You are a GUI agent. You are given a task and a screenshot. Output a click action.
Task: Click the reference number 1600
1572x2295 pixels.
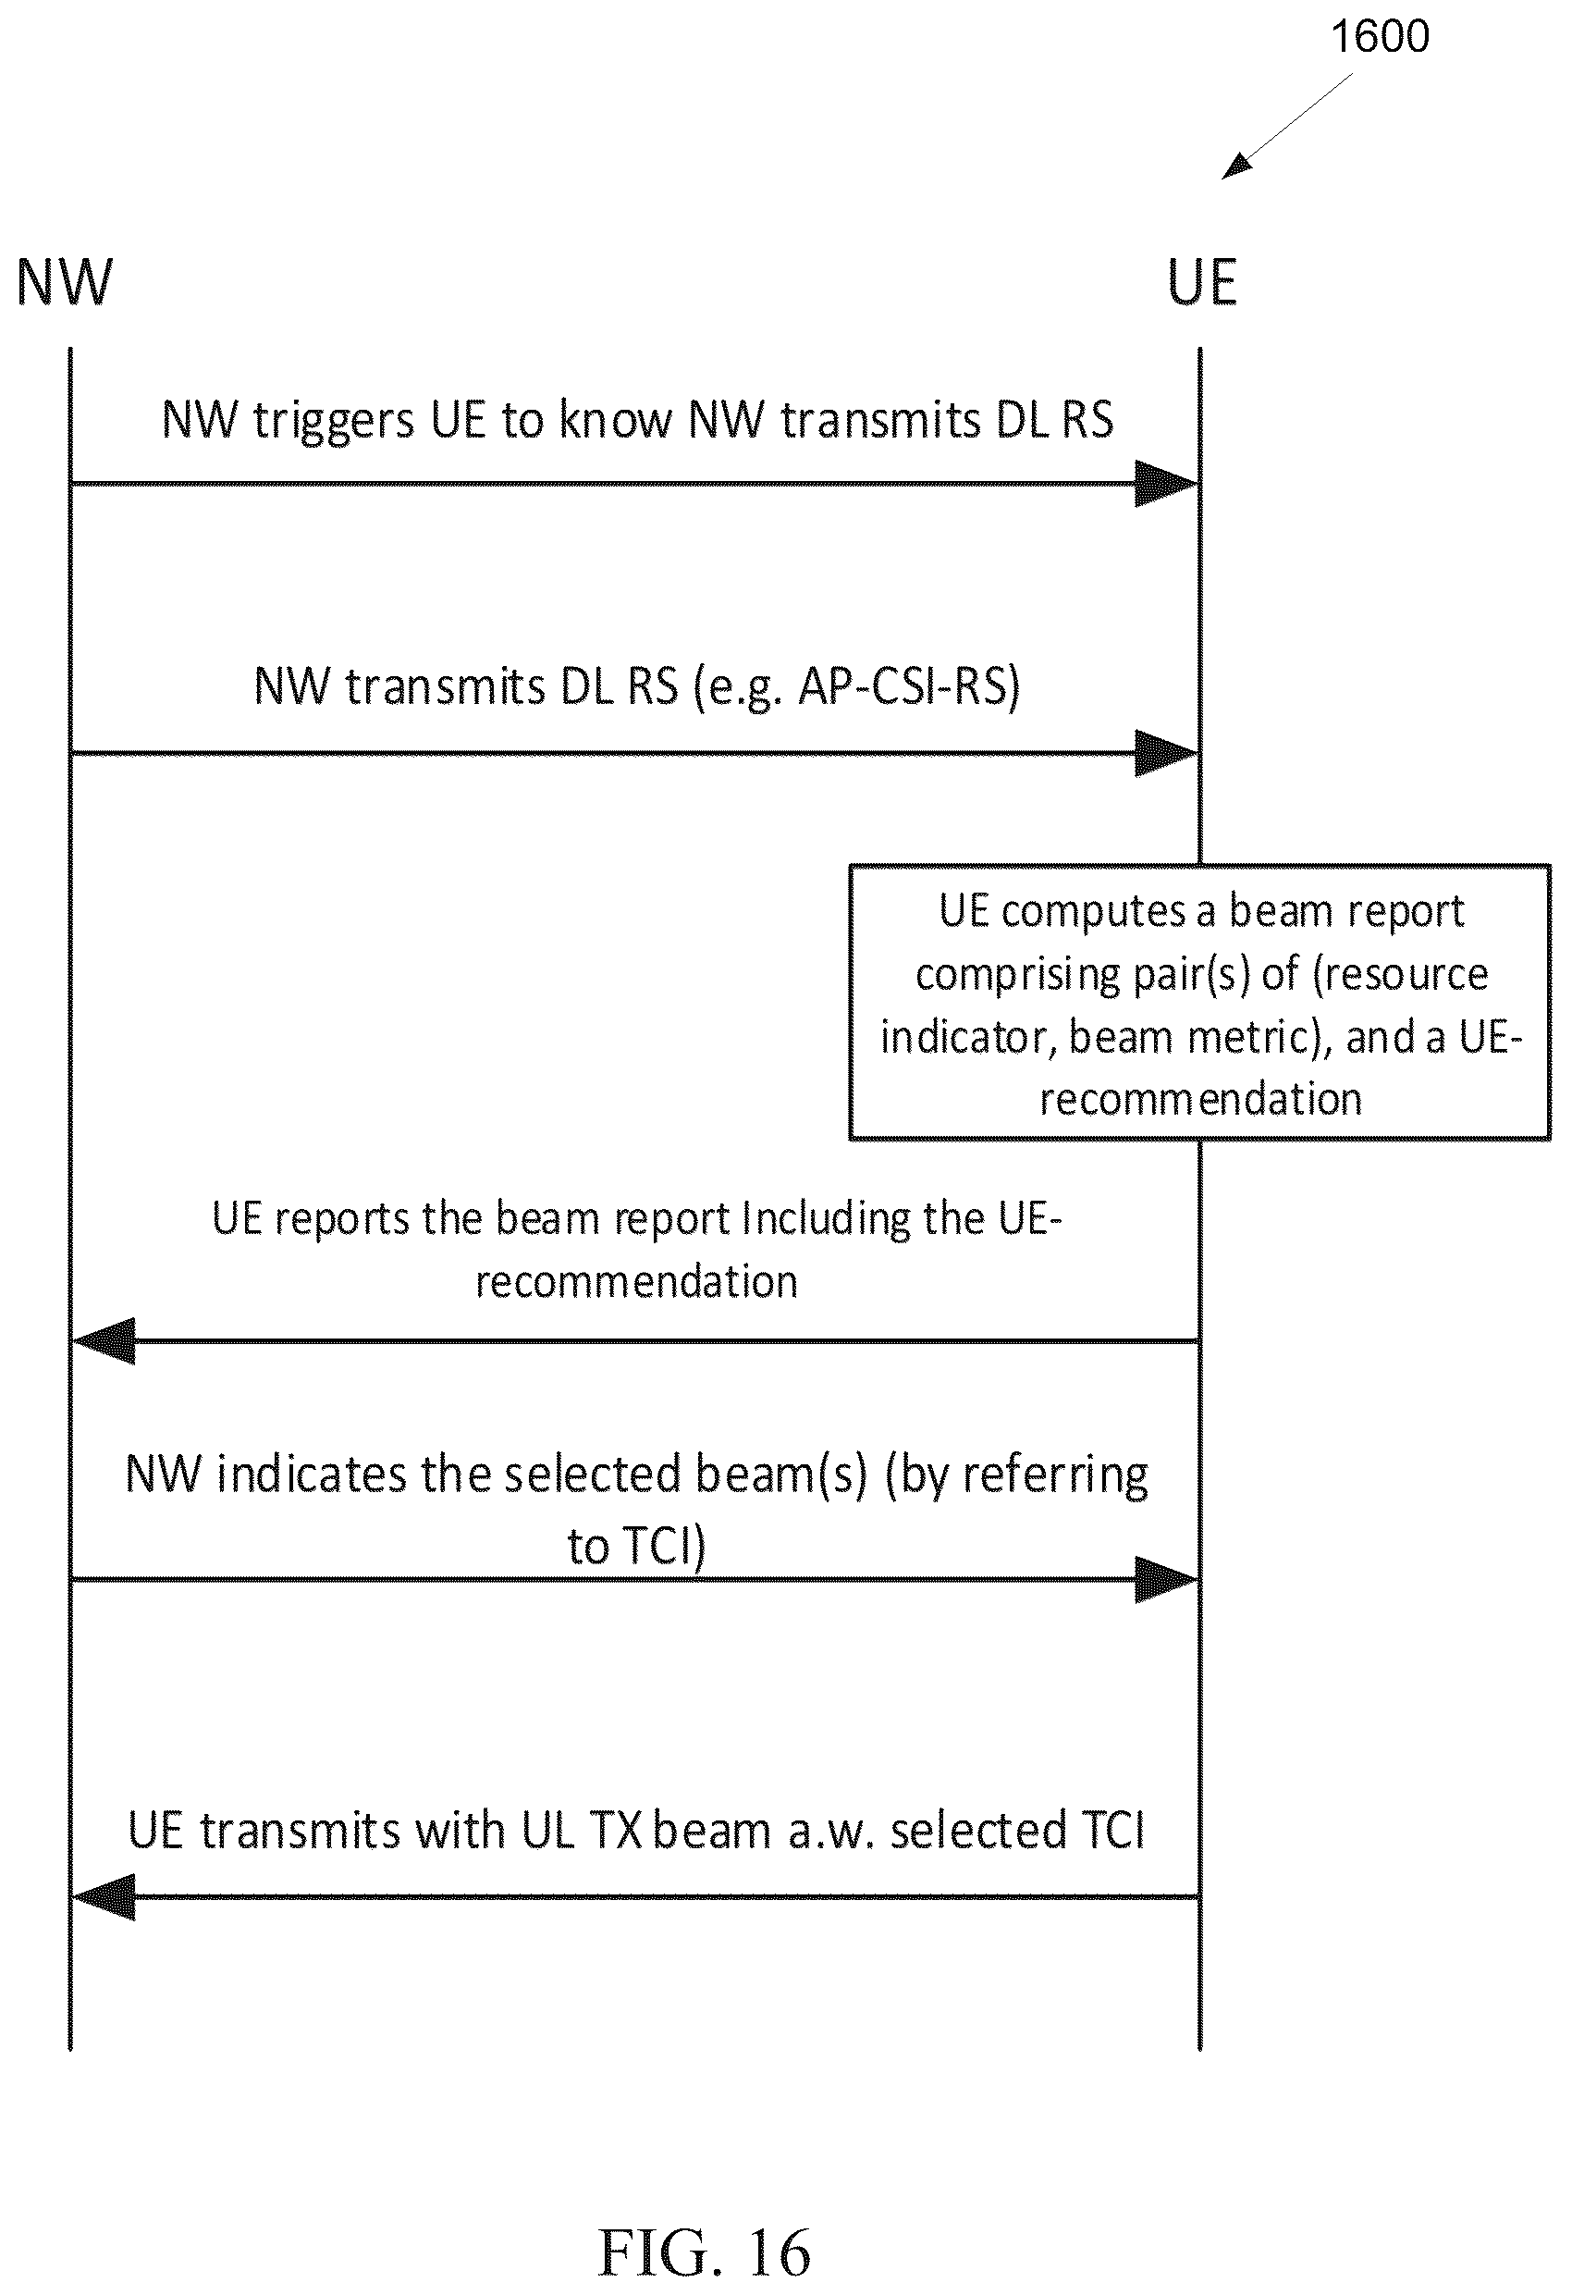tap(1380, 36)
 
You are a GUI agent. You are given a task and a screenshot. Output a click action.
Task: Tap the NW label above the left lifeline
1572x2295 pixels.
tap(65, 282)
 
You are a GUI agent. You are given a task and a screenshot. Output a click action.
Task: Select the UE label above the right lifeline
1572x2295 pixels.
tap(1202, 282)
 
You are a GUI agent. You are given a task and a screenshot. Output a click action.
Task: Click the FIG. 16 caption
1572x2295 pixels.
tap(704, 2252)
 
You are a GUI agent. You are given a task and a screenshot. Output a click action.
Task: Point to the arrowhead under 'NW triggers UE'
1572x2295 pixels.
tap(1166, 484)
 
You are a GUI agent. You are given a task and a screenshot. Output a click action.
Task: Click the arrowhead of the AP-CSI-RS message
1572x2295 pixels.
tap(1166, 754)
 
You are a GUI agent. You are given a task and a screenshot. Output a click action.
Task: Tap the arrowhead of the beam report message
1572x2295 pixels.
tap(104, 1341)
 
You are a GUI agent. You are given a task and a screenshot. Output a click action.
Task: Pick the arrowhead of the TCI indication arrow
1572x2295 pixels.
tap(1166, 1580)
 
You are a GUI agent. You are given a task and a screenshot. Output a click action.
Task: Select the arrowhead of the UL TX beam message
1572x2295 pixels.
tap(104, 1897)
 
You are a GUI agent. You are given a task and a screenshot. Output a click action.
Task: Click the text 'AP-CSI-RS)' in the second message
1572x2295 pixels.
tap(908, 687)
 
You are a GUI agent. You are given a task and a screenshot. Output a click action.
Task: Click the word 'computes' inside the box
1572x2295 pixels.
tap(1093, 912)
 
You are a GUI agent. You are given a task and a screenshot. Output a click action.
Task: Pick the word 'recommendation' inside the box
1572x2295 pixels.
tap(1200, 1099)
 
